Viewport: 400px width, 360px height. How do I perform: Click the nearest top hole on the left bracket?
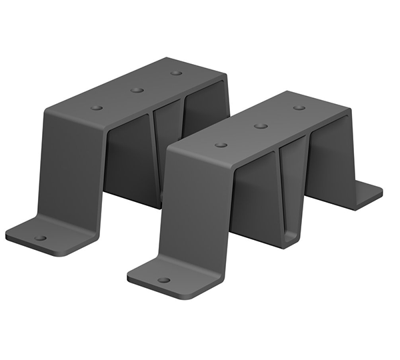coord(97,107)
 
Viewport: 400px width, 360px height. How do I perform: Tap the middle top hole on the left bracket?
coord(137,90)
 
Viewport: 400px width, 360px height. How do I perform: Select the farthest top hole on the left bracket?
coord(176,73)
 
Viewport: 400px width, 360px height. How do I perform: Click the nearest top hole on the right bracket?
coord(221,145)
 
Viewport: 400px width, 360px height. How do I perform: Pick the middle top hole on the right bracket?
coord(261,125)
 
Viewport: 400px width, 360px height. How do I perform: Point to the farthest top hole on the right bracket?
coord(299,107)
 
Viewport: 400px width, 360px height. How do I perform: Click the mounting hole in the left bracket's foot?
coord(41,237)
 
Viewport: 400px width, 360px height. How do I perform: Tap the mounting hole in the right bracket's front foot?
coord(163,279)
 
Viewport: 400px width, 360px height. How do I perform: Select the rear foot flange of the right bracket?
coord(363,195)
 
